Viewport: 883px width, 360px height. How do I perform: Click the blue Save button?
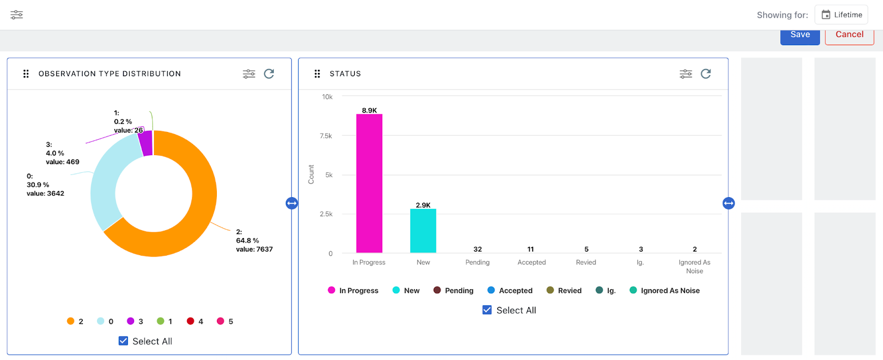click(x=800, y=35)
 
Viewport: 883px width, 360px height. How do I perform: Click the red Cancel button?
click(x=849, y=35)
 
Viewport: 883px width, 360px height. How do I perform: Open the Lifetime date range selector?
click(x=842, y=15)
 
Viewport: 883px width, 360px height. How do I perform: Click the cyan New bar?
click(x=423, y=231)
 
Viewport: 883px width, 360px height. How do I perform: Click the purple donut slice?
click(x=146, y=143)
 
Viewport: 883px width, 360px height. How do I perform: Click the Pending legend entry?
click(x=454, y=290)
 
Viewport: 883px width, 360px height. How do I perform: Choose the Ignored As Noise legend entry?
click(x=665, y=290)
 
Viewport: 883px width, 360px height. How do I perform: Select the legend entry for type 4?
click(x=195, y=321)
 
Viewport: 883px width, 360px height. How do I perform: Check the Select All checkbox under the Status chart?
click(x=487, y=310)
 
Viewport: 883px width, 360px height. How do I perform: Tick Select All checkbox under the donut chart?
click(x=123, y=341)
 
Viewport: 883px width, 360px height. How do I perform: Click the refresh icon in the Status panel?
click(x=706, y=74)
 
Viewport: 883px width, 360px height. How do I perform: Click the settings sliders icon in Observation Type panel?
click(x=249, y=74)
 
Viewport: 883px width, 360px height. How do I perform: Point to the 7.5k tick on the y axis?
click(x=326, y=136)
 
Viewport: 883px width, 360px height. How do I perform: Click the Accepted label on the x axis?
click(x=531, y=262)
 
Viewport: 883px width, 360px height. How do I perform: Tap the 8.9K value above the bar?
click(x=369, y=110)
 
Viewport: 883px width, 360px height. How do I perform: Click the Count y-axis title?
click(x=311, y=174)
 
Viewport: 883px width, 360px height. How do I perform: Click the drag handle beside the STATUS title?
click(x=317, y=74)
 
